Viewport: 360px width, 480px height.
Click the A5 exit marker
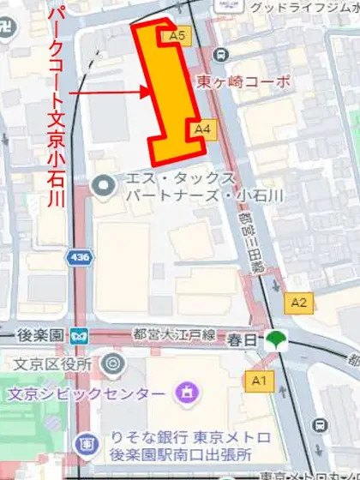(178, 36)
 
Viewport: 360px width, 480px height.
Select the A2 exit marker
(298, 302)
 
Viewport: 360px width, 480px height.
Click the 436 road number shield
(81, 256)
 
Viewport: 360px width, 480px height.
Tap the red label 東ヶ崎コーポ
(243, 82)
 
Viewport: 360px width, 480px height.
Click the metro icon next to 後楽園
(79, 334)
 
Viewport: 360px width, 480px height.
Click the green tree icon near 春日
(275, 339)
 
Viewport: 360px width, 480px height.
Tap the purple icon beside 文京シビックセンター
(183, 393)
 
